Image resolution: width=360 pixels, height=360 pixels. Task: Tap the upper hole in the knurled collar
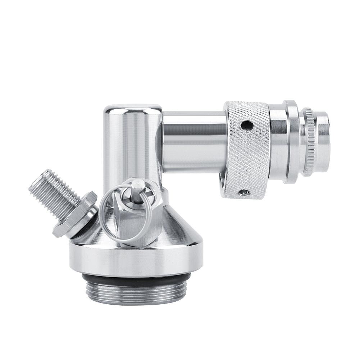tap(247, 125)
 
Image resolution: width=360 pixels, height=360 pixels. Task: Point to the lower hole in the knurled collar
tap(244, 192)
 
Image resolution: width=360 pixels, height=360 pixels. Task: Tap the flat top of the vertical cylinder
tap(132, 107)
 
